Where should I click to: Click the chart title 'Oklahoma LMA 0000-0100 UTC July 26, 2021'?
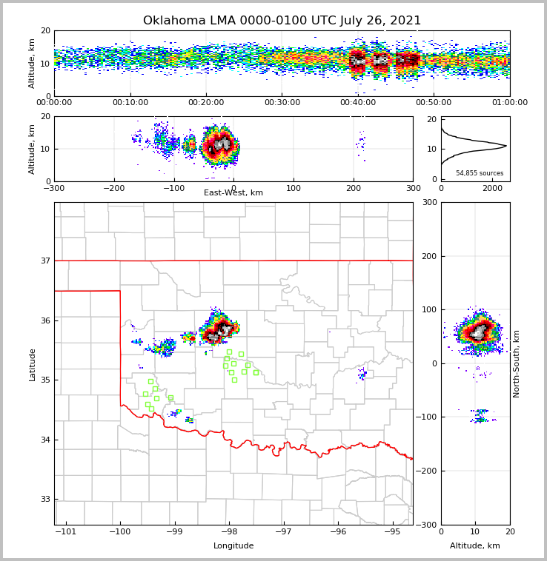point(282,21)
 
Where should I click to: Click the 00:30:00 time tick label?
point(282,103)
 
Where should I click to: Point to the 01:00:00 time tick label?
point(509,103)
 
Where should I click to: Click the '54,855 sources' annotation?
point(480,173)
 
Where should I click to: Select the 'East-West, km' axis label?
point(233,193)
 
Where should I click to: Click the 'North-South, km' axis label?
point(517,363)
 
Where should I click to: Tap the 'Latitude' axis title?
point(32,364)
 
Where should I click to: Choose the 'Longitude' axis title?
point(233,546)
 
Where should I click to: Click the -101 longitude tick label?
point(67,532)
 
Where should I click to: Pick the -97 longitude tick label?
point(284,532)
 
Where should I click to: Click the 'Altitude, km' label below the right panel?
point(475,546)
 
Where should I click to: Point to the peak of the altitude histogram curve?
point(506,146)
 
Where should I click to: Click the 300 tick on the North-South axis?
point(428,203)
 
